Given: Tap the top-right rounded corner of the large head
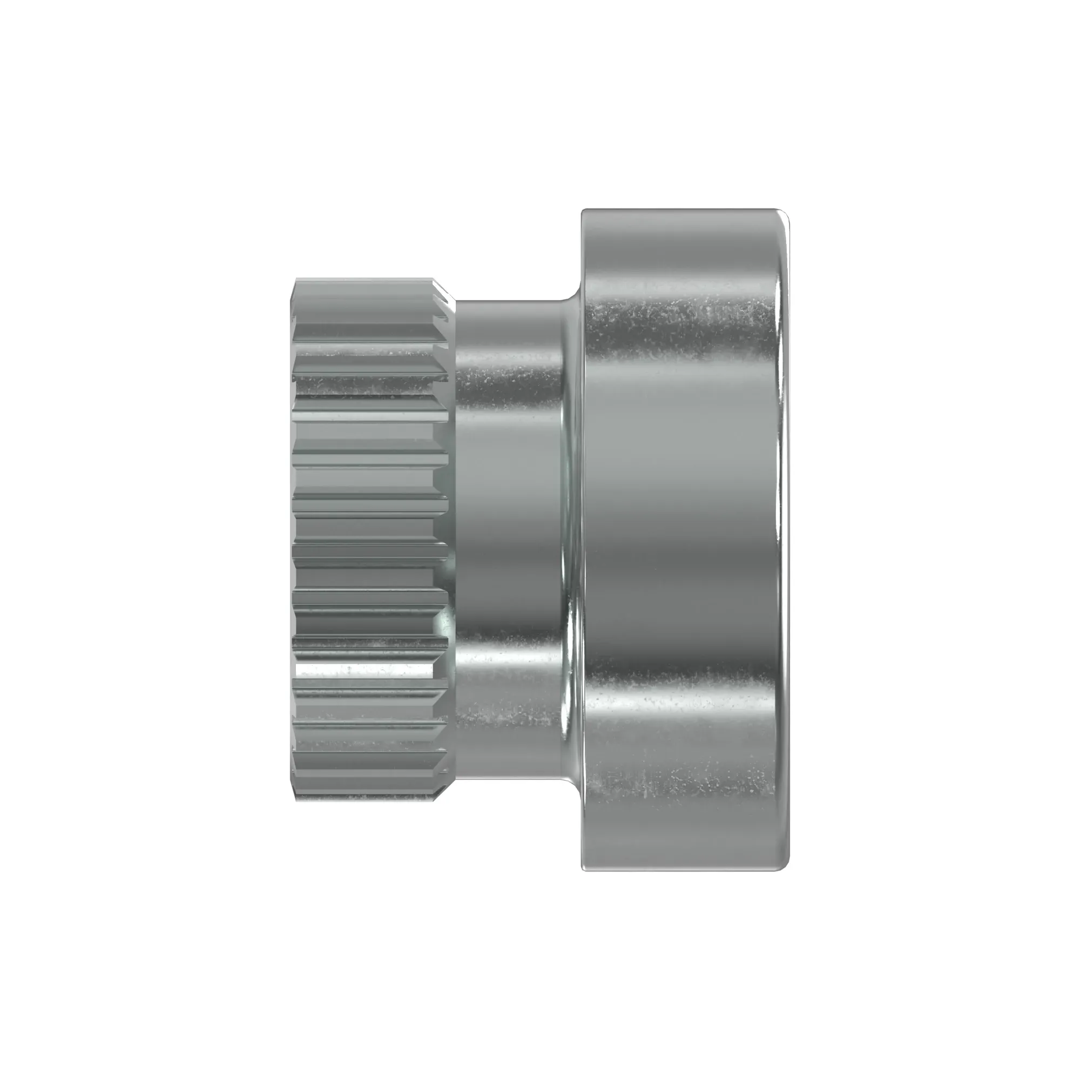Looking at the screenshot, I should [783, 216].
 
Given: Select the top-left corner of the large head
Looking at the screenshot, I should [584, 212].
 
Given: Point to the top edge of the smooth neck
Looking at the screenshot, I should [509, 302].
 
